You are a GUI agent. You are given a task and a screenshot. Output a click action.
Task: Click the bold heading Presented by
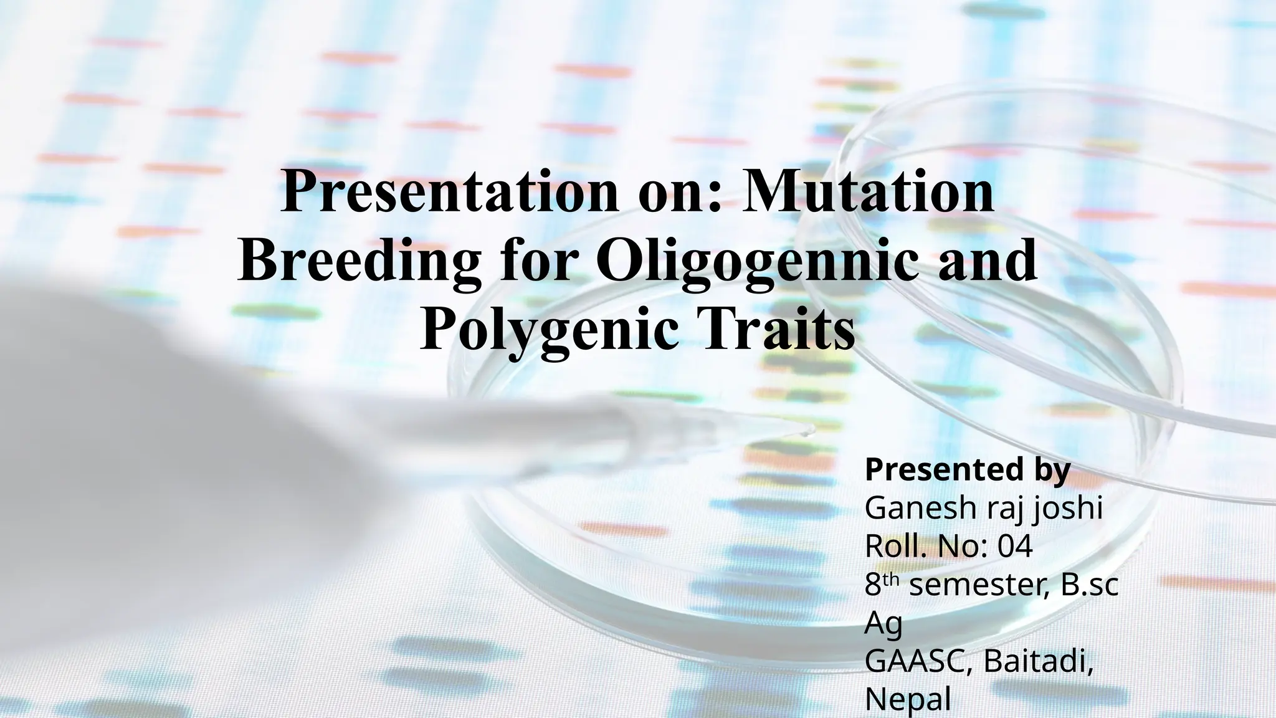tap(967, 470)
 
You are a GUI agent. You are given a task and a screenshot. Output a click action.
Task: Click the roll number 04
tap(1015, 547)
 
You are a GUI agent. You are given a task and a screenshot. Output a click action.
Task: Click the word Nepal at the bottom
tap(908, 700)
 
